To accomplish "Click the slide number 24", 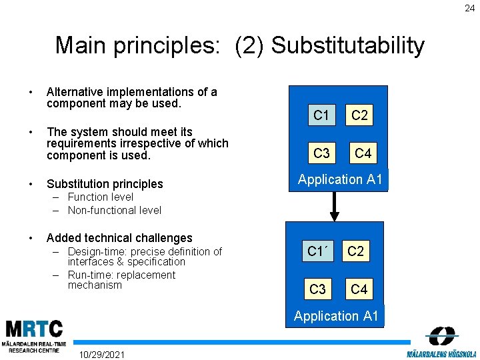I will (x=470, y=8).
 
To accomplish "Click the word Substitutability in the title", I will (x=347, y=45).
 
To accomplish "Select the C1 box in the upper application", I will (x=321, y=115).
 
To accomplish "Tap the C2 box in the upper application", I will (x=359, y=115).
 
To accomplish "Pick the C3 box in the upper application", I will (x=321, y=153).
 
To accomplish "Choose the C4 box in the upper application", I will (x=363, y=153).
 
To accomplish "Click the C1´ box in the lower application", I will (x=319, y=251).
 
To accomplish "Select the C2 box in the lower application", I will (x=356, y=251).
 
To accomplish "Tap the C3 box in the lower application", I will (x=318, y=289).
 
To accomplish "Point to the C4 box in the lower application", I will (x=359, y=289).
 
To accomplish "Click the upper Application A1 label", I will (x=340, y=179).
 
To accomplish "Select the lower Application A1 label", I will (x=336, y=316).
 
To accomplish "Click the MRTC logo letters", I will (x=35, y=329).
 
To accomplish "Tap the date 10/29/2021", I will (x=101, y=353).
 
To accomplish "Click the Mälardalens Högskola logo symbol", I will (x=441, y=335).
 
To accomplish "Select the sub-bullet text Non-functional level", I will (x=114, y=210).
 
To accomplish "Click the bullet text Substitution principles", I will (x=105, y=183).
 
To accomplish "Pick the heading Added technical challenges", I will (x=119, y=238).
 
